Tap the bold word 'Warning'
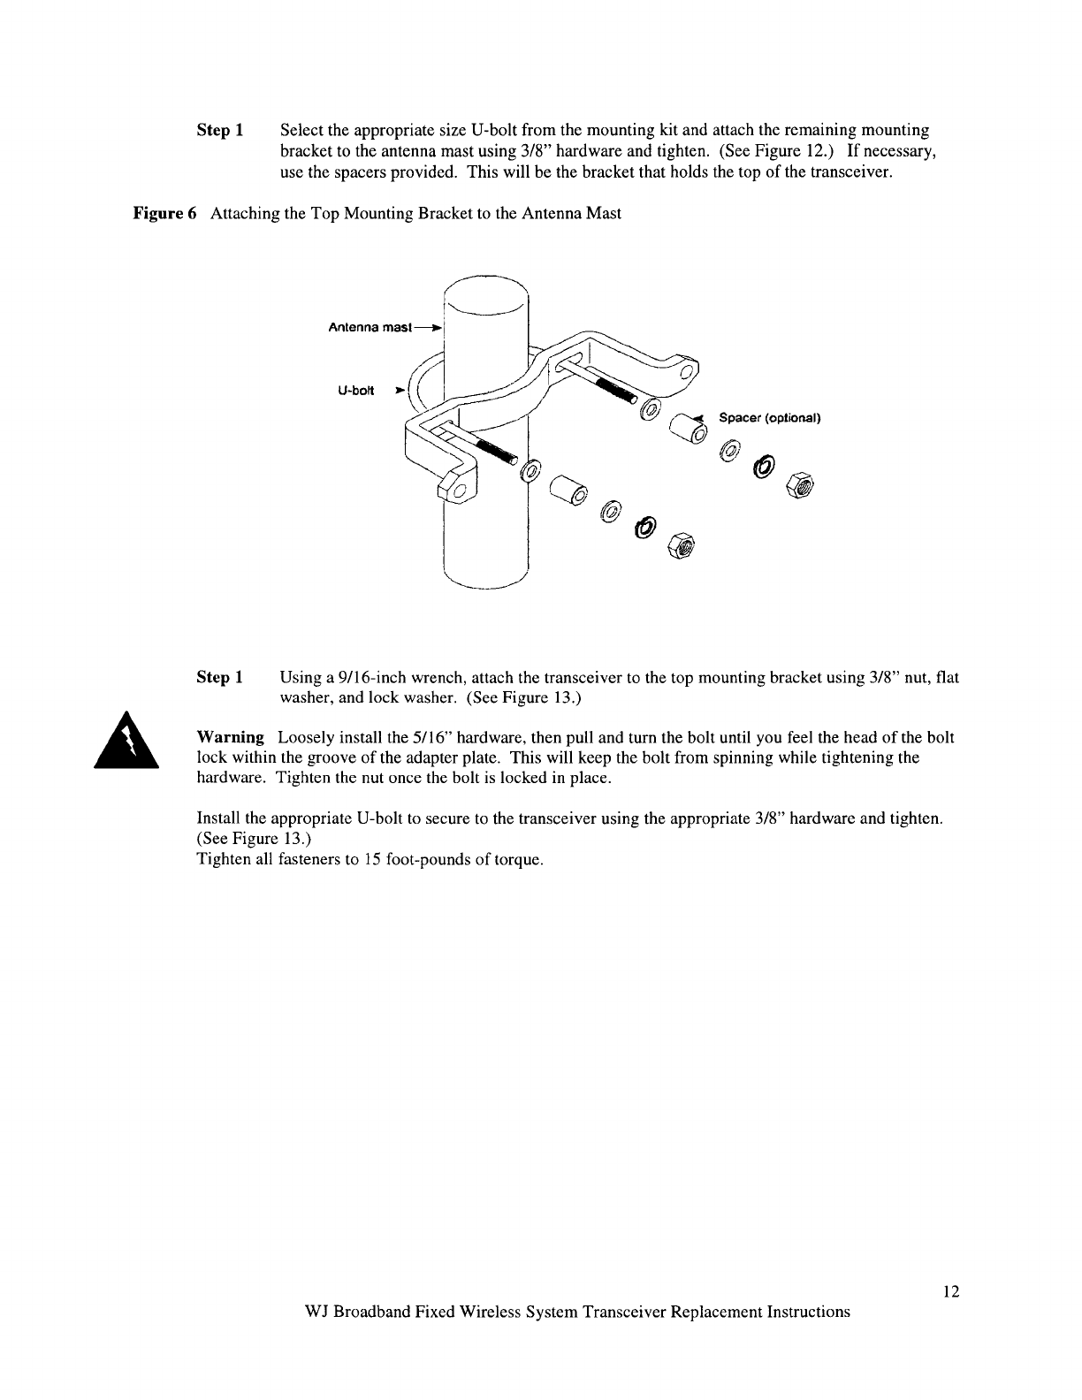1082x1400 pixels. pyautogui.click(x=230, y=737)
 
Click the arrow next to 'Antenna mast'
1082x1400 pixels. pyautogui.click(x=432, y=326)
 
